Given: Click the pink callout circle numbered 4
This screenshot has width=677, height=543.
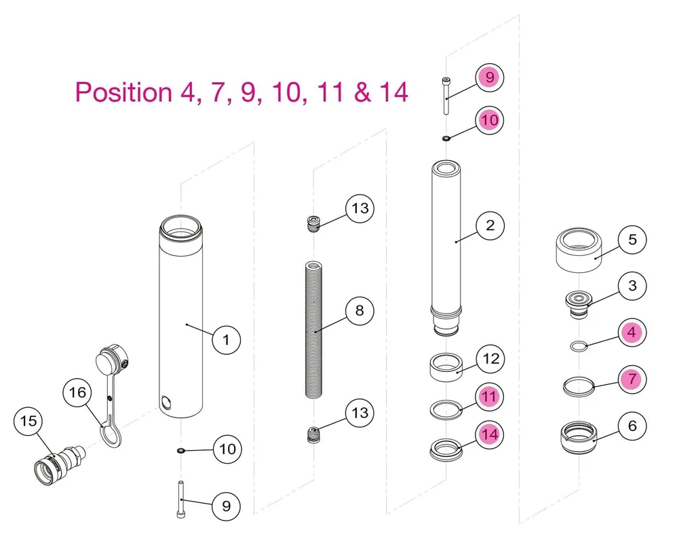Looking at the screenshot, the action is [x=632, y=333].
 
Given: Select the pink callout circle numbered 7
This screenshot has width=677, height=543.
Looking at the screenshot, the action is [x=632, y=379].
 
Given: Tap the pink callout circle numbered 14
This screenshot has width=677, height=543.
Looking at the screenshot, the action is [x=490, y=434].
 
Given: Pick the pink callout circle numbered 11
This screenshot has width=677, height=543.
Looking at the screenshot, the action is [x=490, y=396].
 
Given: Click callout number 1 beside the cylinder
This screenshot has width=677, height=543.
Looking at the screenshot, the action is [x=227, y=340].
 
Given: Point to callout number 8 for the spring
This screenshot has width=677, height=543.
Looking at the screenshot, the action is [x=360, y=311].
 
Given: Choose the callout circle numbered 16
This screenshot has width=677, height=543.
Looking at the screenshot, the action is [x=78, y=393].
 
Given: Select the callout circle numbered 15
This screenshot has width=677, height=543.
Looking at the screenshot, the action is [x=28, y=422].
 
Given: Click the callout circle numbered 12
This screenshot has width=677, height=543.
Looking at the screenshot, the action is [x=490, y=358].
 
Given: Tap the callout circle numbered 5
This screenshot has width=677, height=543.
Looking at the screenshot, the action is [x=632, y=240].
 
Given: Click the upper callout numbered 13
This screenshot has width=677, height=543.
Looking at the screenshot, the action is [x=360, y=208].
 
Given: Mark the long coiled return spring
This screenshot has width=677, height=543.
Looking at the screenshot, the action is [x=314, y=330].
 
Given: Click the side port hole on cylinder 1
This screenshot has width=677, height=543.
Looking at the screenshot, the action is [x=166, y=402].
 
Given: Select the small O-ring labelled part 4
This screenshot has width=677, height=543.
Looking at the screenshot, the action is [x=579, y=346].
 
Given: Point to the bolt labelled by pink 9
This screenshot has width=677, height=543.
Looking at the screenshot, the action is [x=446, y=96].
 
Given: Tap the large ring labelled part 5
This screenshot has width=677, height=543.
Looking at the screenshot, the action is [x=579, y=250].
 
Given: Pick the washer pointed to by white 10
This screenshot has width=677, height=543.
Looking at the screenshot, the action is [x=180, y=451].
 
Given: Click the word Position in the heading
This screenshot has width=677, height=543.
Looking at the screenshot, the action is [x=124, y=92].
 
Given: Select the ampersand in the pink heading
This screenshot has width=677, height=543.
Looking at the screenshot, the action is [x=363, y=92].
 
